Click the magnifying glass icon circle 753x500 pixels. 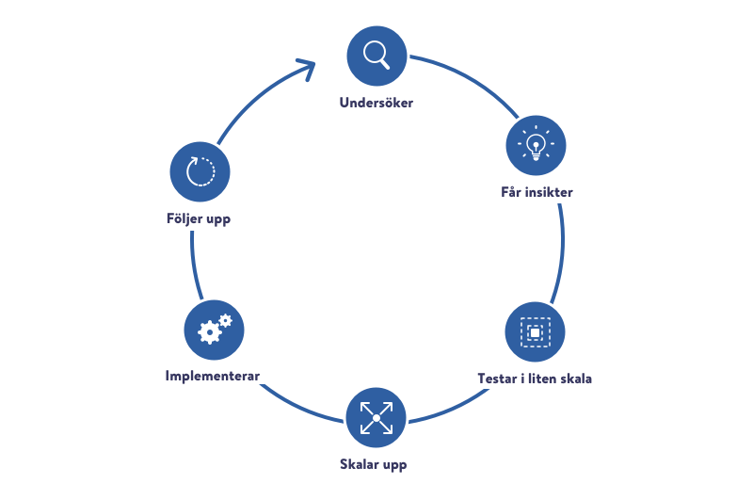click(376, 55)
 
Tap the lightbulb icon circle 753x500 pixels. click(536, 146)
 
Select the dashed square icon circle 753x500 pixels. click(535, 331)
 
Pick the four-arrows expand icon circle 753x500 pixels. click(376, 417)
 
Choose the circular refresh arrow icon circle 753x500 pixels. click(200, 172)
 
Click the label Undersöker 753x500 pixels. click(376, 102)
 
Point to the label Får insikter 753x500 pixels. click(537, 192)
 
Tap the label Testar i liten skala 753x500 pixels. click(535, 379)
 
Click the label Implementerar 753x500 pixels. click(213, 377)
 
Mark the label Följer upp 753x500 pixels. click(199, 219)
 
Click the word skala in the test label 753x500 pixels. click(573, 379)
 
